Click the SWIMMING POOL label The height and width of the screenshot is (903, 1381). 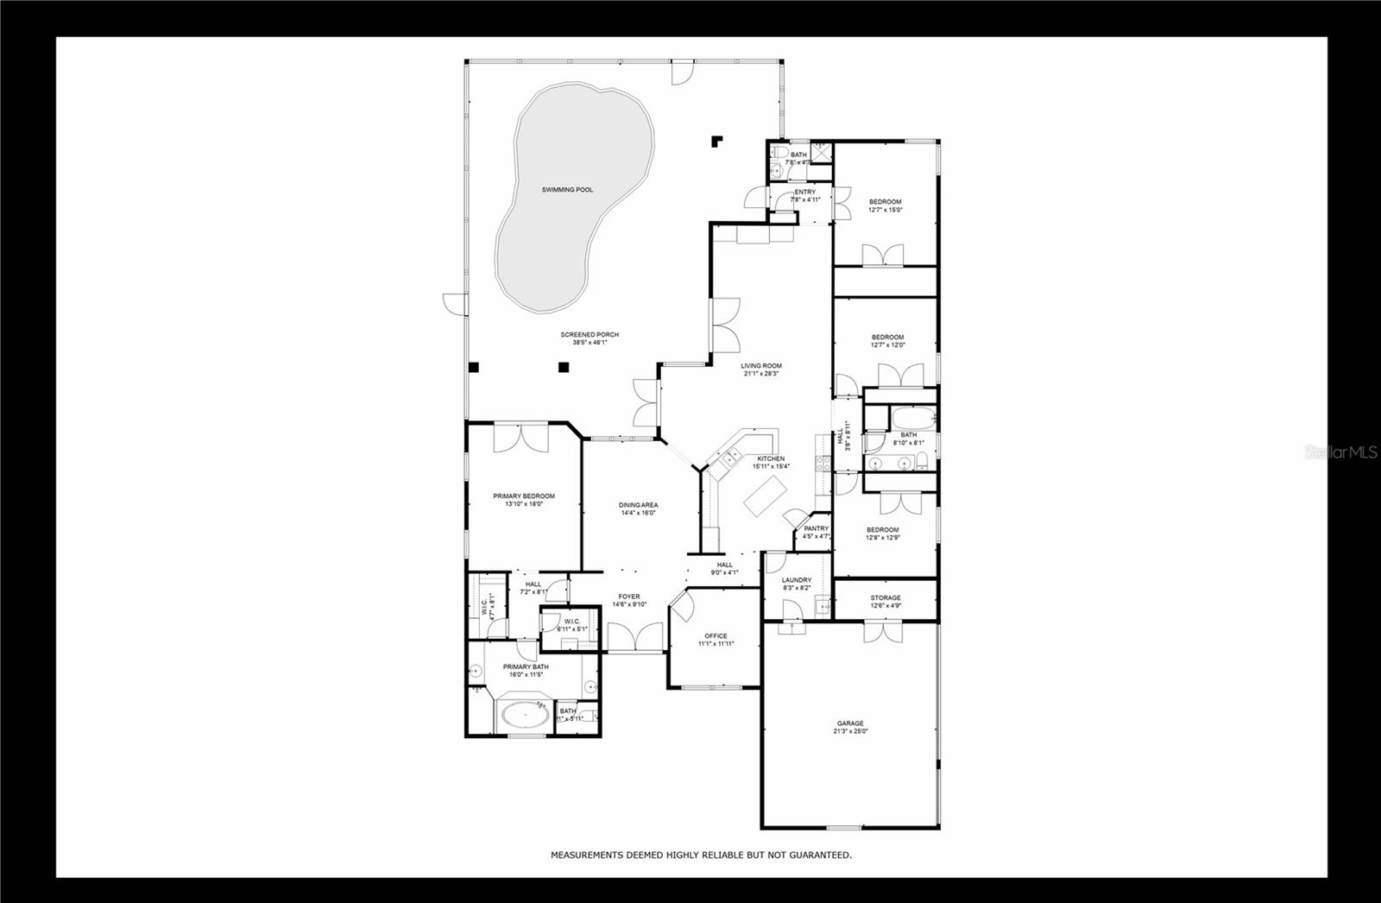567,190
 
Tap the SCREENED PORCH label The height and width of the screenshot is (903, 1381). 590,335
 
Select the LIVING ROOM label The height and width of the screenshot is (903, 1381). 760,366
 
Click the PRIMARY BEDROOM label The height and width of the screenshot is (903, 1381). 524,496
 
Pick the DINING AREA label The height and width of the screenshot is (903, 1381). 639,505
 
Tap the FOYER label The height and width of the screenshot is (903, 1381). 629,597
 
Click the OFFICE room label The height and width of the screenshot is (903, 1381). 716,636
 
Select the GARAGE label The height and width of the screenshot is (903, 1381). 850,723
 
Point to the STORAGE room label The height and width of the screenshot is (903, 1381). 886,597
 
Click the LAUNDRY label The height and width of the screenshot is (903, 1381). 797,580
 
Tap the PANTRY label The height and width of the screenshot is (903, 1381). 816,528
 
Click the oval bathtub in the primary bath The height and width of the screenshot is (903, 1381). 524,716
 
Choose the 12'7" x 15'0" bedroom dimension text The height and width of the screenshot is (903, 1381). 885,210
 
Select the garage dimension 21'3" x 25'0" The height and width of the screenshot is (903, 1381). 850,731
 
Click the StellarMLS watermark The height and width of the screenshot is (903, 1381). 1341,451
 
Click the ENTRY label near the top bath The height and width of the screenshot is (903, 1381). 804,192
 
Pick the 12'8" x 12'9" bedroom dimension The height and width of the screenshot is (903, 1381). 882,538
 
